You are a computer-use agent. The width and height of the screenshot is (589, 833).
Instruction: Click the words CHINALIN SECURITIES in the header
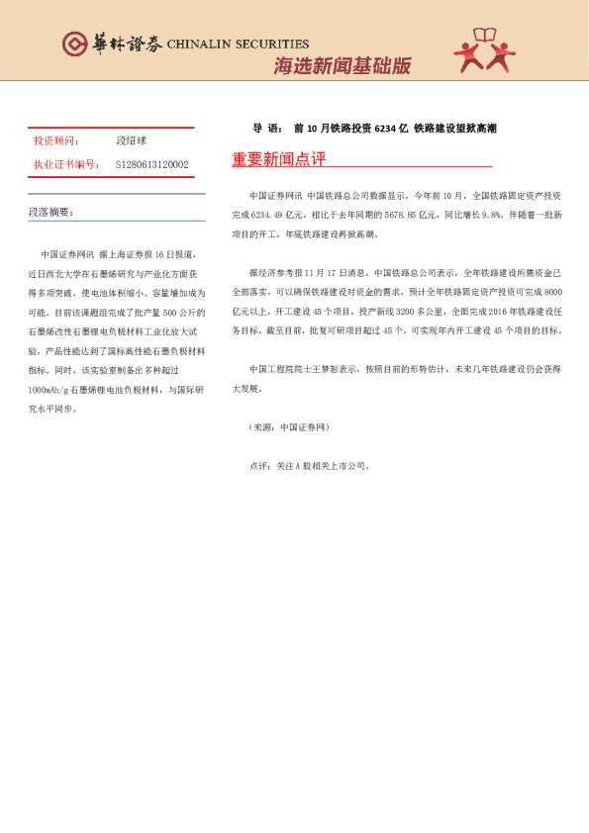coord(238,45)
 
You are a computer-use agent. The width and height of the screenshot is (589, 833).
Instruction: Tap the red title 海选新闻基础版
coord(342,66)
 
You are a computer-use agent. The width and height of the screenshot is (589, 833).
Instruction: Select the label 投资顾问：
coord(56,141)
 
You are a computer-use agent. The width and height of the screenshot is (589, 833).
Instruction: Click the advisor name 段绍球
coord(131,141)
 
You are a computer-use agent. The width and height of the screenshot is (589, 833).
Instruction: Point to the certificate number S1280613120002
coord(151,164)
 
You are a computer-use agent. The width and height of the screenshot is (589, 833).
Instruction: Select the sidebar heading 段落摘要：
coord(50,213)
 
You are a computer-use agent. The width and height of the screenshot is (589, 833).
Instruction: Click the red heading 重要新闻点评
coord(278,160)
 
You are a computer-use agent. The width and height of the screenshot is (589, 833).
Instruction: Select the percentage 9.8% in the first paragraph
coord(492,215)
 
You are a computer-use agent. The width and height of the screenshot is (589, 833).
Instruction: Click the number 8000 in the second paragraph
coord(552,292)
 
